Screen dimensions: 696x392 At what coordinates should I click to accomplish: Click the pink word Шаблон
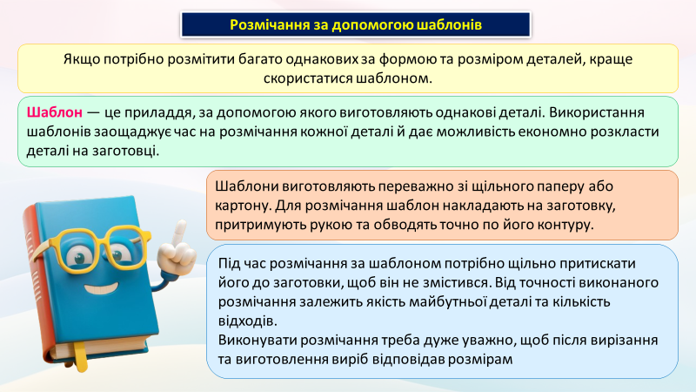[x=55, y=112]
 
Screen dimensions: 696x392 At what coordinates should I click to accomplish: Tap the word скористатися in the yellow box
[x=308, y=78]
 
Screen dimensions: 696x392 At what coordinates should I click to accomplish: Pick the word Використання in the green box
[x=597, y=112]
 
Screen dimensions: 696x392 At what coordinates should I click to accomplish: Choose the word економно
[x=549, y=132]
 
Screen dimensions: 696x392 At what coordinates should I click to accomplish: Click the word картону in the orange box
[x=244, y=206]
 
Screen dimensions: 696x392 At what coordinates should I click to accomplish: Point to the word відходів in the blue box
[x=248, y=321]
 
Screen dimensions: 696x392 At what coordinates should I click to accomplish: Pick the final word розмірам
[x=480, y=359]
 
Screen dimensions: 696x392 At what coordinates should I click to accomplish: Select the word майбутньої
[x=447, y=301]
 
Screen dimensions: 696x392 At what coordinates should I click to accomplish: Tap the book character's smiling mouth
[x=103, y=287]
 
